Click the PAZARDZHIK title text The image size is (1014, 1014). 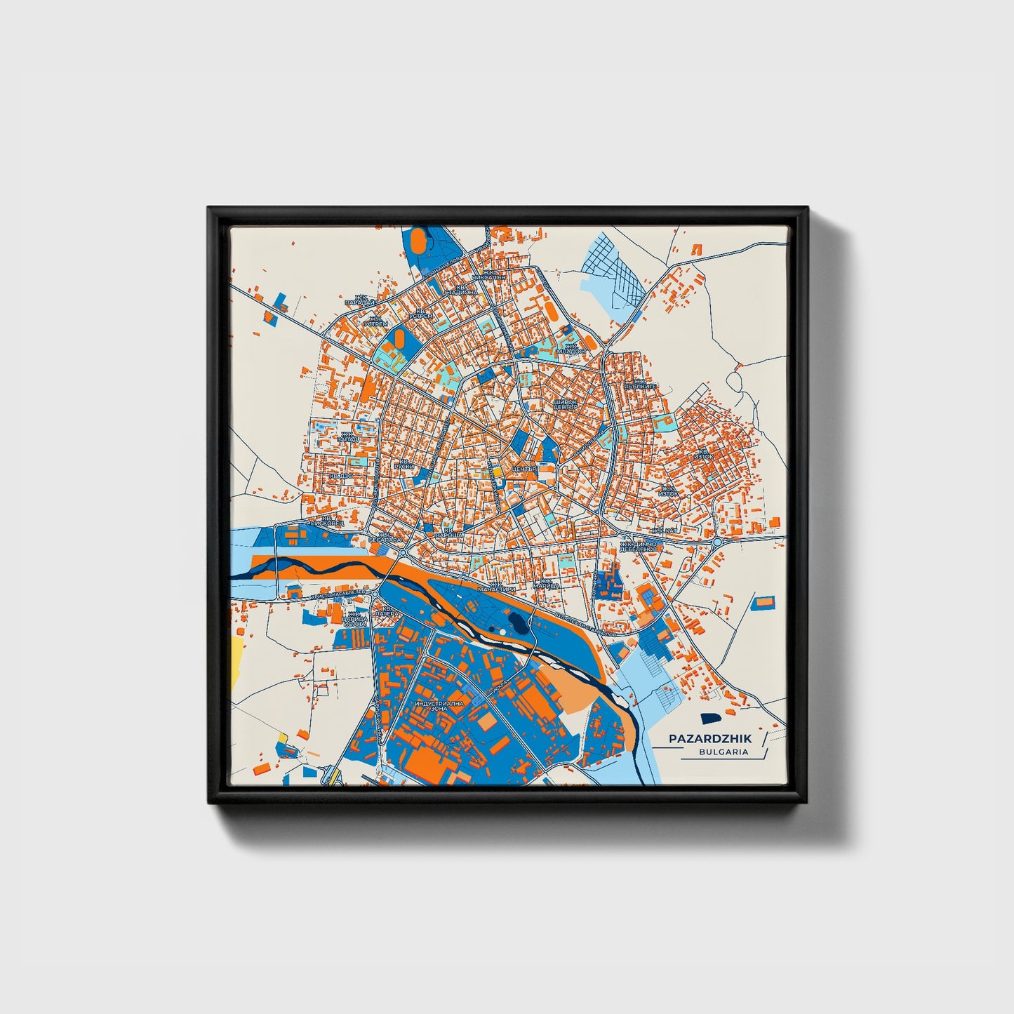(x=709, y=738)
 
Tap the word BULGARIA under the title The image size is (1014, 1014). (x=723, y=752)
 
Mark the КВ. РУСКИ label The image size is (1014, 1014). (x=404, y=463)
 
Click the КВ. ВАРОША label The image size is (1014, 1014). (x=449, y=533)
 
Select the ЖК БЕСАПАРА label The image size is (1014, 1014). (x=389, y=538)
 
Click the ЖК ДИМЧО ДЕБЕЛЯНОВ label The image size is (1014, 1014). (x=637, y=546)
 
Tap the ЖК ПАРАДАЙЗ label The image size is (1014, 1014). (x=365, y=299)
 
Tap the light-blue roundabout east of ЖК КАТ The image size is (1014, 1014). (x=716, y=542)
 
